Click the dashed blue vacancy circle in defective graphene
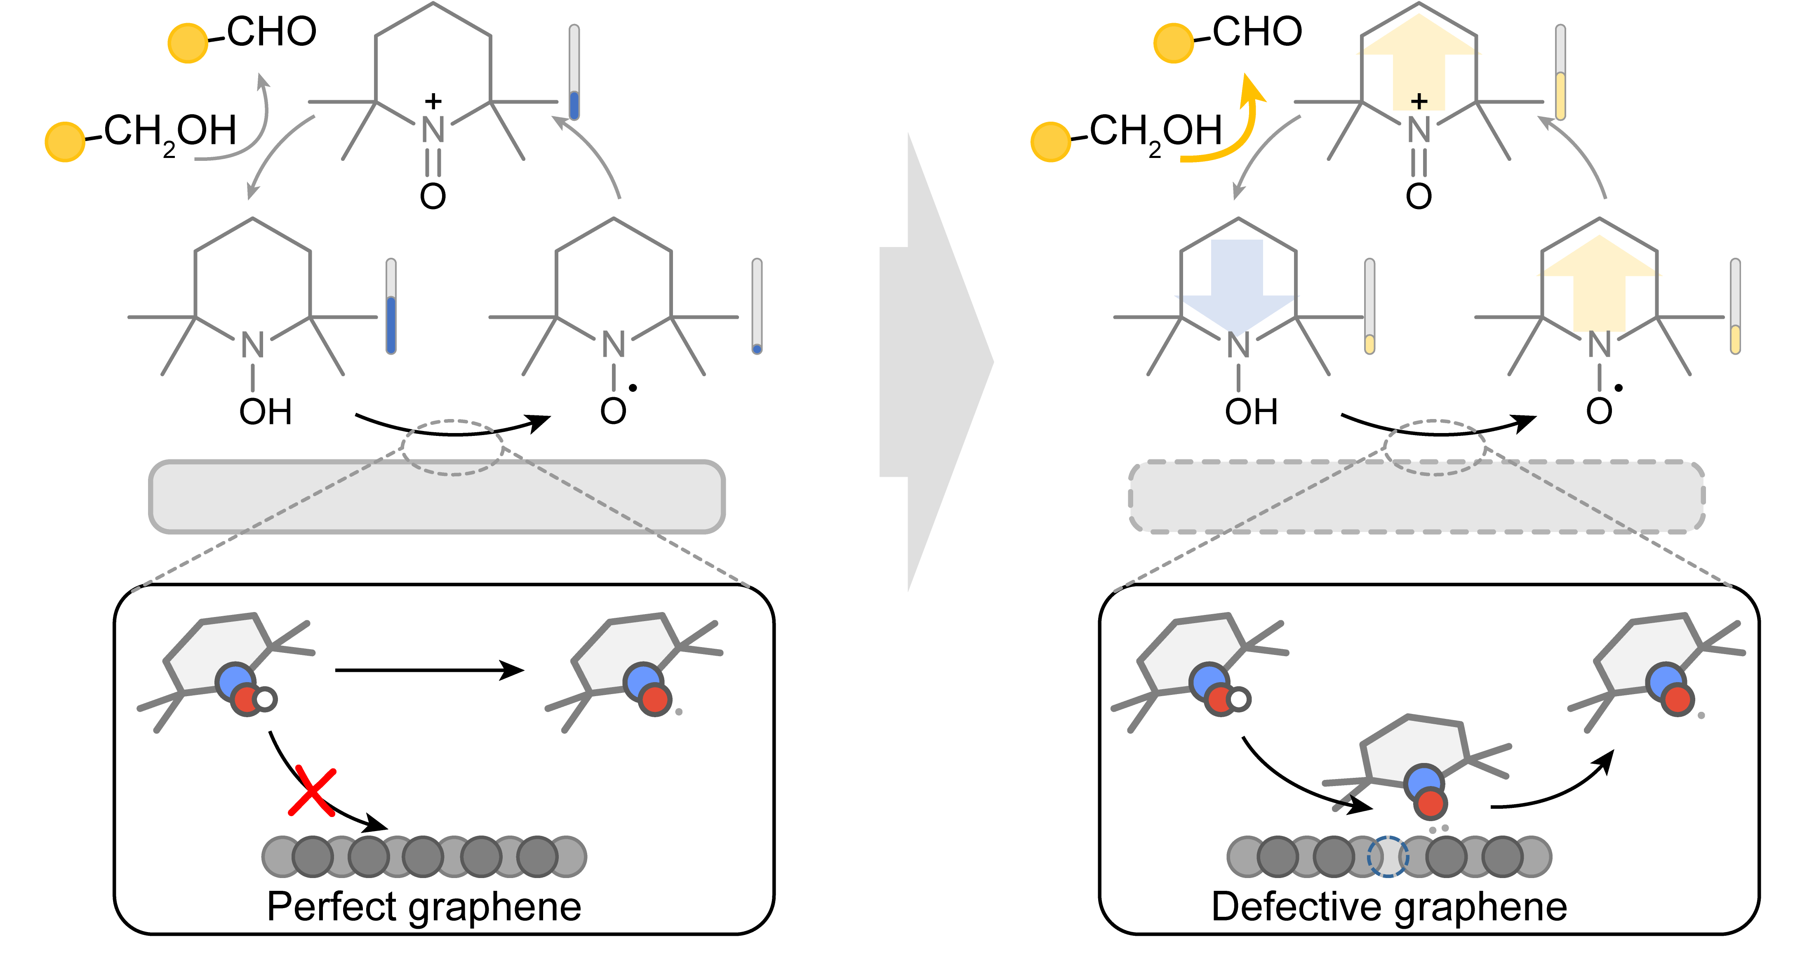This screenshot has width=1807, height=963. pos(1388,857)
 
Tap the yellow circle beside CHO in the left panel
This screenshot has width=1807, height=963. pos(187,43)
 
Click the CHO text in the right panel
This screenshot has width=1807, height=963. pos(1257,32)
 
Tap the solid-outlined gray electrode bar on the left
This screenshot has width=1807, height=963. pos(436,497)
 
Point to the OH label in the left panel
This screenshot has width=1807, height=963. pos(265,412)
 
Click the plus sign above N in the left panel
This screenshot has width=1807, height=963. pos(433,101)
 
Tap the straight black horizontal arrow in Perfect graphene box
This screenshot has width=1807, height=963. pos(428,670)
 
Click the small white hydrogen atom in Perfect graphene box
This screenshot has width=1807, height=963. pos(265,699)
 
